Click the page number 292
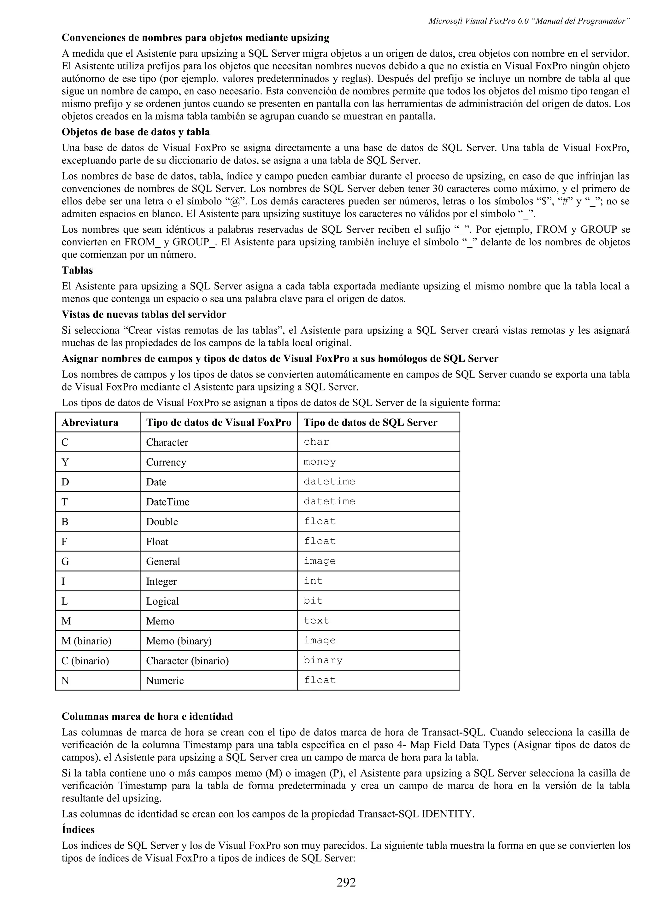click(346, 882)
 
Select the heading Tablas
click(77, 270)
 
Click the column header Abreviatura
click(90, 422)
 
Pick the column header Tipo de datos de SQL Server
click(370, 422)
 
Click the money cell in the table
click(320, 462)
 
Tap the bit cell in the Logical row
click(313, 601)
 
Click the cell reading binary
click(323, 660)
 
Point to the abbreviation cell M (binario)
click(86, 641)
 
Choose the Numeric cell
click(165, 681)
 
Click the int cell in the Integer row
click(313, 581)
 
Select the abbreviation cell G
click(65, 561)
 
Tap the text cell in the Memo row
click(316, 621)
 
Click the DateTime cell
click(167, 502)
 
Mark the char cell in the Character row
click(316, 442)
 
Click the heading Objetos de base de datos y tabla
click(136, 132)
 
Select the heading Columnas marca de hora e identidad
click(147, 717)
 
